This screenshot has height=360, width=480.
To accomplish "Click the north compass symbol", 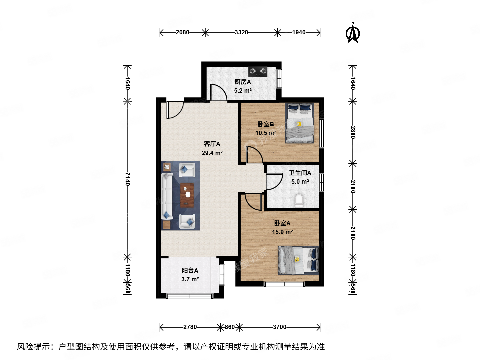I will (353, 33).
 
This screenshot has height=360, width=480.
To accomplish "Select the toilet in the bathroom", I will (299, 200).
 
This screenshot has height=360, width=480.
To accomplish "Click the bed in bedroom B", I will (300, 123).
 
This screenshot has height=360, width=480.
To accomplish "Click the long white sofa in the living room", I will (167, 196).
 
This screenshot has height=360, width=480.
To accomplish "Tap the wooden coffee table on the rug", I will (187, 195).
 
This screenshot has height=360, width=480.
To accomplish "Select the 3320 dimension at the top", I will (241, 32).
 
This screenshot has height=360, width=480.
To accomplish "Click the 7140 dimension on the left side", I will (127, 179).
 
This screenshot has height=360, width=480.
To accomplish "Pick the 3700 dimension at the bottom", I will (279, 327).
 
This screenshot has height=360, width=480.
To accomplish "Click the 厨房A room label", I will (243, 82).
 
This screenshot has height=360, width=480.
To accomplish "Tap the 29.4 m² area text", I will (212, 153).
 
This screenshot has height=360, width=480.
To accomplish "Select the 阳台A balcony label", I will (190, 270).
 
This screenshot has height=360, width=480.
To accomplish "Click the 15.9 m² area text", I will (282, 232).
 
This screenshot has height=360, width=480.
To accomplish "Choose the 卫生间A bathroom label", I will (300, 173).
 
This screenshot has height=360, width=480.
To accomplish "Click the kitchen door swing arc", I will (219, 92).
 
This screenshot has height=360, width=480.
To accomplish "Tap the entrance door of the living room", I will (175, 110).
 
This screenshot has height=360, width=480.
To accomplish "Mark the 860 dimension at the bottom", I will (230, 327).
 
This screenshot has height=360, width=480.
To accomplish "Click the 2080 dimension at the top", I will (182, 32).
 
